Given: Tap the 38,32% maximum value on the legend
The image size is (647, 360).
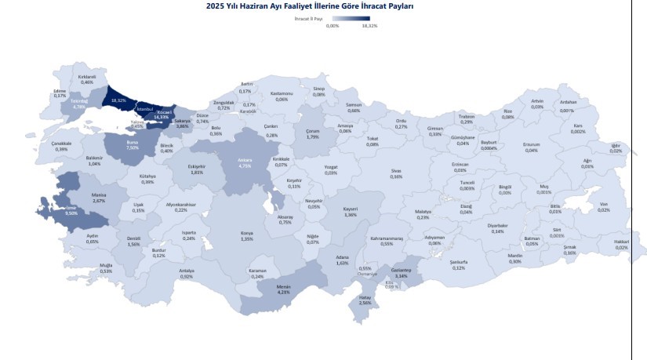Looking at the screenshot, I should click(x=370, y=26).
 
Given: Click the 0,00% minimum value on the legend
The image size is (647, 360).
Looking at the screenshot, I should click(x=332, y=26).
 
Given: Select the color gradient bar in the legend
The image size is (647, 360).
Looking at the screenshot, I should click(x=351, y=18).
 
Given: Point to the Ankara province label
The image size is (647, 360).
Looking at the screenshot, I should click(x=244, y=162).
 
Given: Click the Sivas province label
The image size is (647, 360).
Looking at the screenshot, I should click(x=396, y=173).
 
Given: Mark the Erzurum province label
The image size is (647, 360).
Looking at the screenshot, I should click(x=532, y=147).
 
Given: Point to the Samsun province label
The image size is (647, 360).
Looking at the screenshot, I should click(x=354, y=107).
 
